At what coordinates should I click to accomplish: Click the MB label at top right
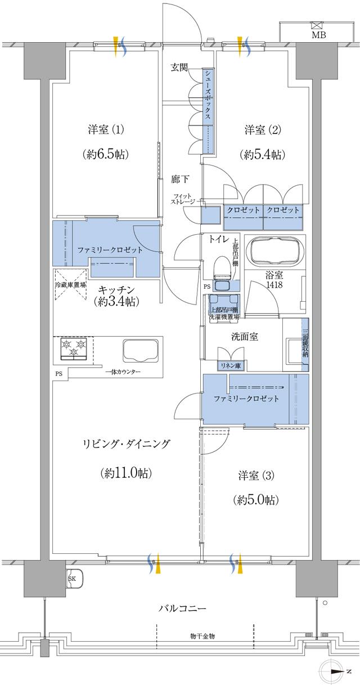[318, 35]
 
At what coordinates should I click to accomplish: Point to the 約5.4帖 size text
[262, 154]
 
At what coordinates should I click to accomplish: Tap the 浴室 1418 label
[275, 280]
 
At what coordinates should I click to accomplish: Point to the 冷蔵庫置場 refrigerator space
[71, 285]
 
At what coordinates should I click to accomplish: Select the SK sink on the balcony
[74, 579]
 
